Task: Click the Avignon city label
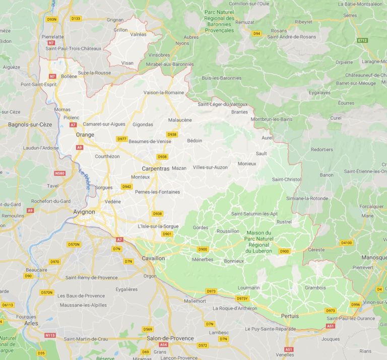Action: click(x=84, y=212)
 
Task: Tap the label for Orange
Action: click(x=85, y=135)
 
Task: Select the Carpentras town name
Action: click(x=155, y=168)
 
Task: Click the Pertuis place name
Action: click(x=290, y=316)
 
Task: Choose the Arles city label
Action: click(x=31, y=323)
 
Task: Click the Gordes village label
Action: click(x=200, y=228)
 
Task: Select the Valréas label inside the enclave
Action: click(x=138, y=35)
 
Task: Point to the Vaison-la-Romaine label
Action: click(x=164, y=93)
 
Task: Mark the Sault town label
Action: click(x=261, y=153)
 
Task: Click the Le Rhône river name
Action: click(x=86, y=180)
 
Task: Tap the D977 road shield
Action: click(x=122, y=139)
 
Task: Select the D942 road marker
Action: click(x=126, y=186)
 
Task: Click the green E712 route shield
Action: click(x=362, y=40)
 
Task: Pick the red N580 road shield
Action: click(x=59, y=173)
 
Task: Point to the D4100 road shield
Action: click(x=346, y=243)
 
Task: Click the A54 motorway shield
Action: click(x=163, y=345)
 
